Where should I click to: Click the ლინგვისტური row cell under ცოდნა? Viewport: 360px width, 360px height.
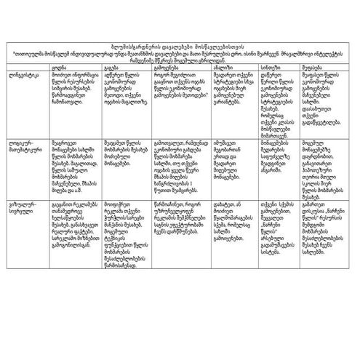coord(71,87)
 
